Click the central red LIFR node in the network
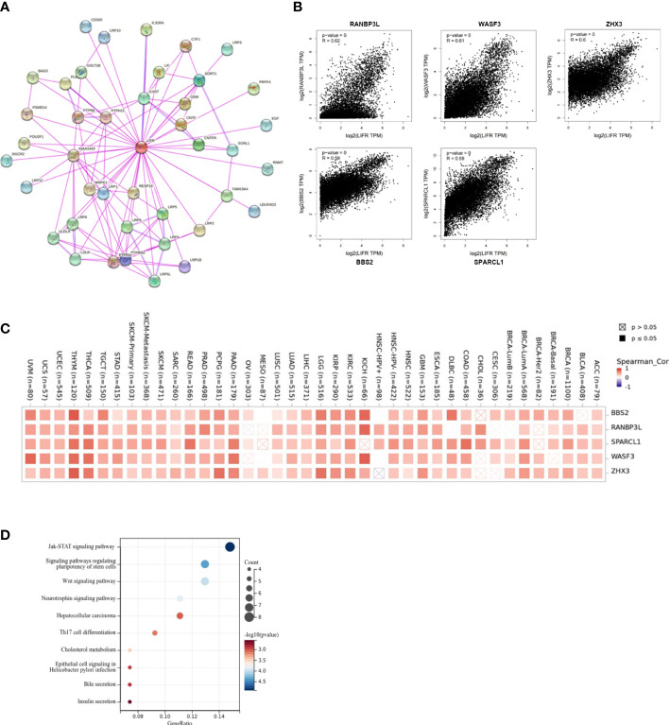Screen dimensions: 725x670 click(x=140, y=147)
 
